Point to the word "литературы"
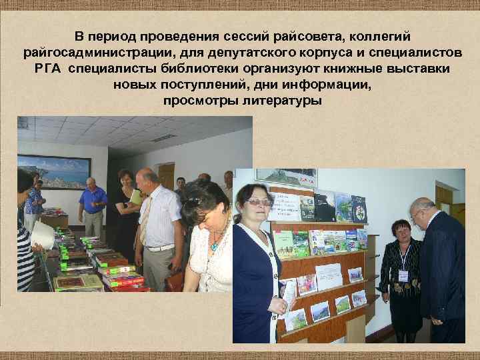pyautogui.click(x=279, y=101)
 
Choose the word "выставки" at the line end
pyautogui.click(x=416, y=69)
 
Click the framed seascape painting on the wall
pyautogui.click(x=53, y=171)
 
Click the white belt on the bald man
pyautogui.click(x=161, y=247)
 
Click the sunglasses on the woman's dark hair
pyautogui.click(x=194, y=199)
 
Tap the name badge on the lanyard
pyautogui.click(x=403, y=275)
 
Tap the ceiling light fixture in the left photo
pyautogui.click(x=163, y=138)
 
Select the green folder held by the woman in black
pyautogui.click(x=136, y=197)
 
